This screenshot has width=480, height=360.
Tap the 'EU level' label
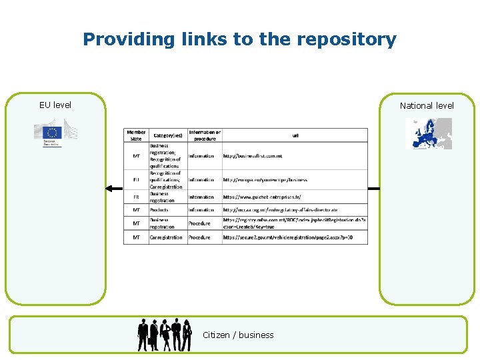point(55,105)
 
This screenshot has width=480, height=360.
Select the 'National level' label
point(427,105)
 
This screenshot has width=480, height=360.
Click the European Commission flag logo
point(55,132)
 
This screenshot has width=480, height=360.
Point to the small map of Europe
point(429,133)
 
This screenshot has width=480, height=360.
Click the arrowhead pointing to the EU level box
point(110,189)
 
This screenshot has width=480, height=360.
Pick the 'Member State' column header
point(136,135)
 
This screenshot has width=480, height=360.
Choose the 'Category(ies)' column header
point(167,135)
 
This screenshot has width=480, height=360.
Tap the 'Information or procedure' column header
point(205,135)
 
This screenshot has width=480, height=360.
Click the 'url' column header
point(295,135)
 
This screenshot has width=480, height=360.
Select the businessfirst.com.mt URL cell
point(253,156)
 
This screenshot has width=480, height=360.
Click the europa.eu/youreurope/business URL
point(265,179)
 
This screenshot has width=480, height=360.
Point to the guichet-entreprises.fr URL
point(262,197)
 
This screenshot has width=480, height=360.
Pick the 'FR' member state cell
point(136,197)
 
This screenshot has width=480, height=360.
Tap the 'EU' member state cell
point(136,179)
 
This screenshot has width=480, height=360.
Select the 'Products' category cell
point(159,210)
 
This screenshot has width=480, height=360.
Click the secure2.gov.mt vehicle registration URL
point(287,237)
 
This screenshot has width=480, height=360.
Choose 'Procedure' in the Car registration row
point(199,237)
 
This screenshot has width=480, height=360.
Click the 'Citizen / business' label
point(238,335)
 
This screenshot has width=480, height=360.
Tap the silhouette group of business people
point(165,333)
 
